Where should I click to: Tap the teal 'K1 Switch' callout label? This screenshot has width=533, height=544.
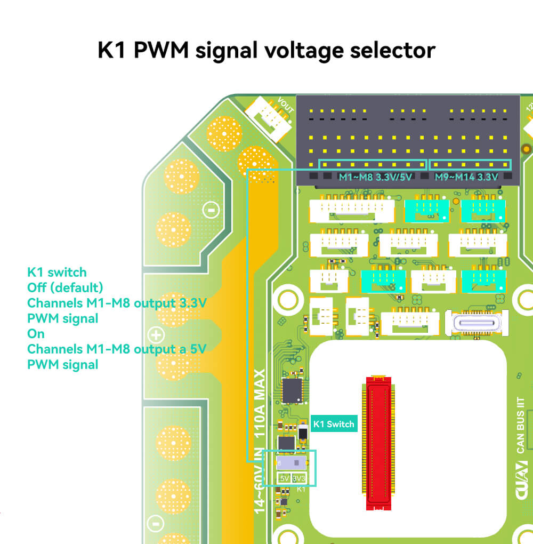pyautogui.click(x=334, y=424)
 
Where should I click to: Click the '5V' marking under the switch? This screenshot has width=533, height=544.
pyautogui.click(x=284, y=478)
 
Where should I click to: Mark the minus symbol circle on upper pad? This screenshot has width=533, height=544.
pyautogui.click(x=211, y=211)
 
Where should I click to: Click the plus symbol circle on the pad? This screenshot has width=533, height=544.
pyautogui.click(x=156, y=335)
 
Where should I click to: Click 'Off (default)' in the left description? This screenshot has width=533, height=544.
pyautogui.click(x=65, y=287)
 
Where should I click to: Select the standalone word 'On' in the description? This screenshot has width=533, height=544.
pyautogui.click(x=36, y=334)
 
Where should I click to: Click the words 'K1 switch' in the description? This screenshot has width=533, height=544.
pyautogui.click(x=56, y=272)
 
